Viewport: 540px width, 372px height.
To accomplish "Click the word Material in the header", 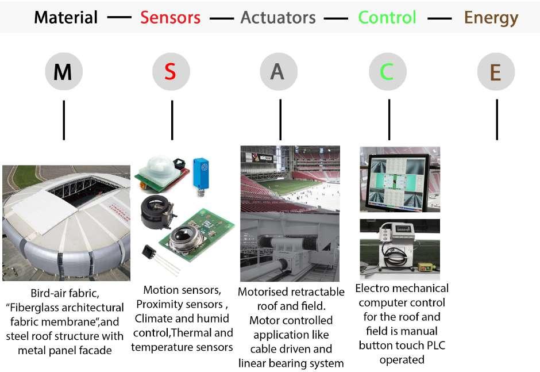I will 65,17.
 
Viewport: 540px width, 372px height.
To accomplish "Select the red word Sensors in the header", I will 171,17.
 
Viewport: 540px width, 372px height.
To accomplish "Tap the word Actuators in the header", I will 278,17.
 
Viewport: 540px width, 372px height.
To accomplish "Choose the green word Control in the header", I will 387,17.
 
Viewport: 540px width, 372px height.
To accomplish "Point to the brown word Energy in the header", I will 491,17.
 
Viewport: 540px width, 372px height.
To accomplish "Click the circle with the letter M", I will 64,72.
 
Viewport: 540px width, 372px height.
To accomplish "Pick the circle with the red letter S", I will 171,72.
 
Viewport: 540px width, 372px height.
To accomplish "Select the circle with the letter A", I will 279,72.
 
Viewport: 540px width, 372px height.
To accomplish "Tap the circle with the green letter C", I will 388,72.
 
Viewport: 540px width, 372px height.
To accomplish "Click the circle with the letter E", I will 496,72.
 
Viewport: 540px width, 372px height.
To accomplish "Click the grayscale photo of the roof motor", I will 290,247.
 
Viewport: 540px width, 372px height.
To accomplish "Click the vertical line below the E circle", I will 496,119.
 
